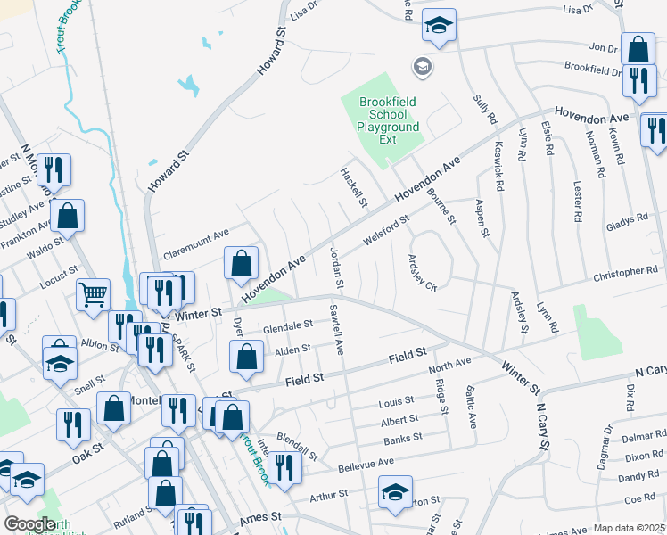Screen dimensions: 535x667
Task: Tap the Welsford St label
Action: [x=386, y=229]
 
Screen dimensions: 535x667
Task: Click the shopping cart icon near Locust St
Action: [x=93, y=294]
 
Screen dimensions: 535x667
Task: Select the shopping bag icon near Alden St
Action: [x=246, y=358]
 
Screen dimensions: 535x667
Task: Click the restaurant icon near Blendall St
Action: [x=284, y=467]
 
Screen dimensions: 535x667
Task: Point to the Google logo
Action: [x=29, y=524]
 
